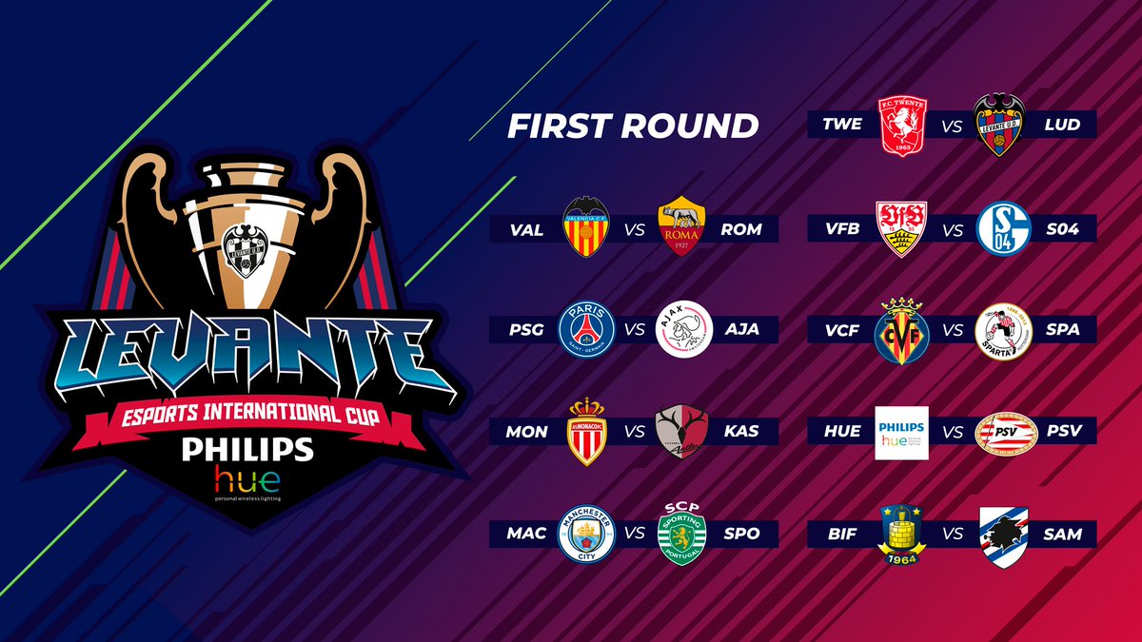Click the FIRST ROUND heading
[x=632, y=126]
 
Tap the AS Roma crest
[x=682, y=228]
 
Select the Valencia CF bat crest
[x=586, y=228]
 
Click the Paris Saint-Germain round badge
[x=586, y=329]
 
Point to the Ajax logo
[x=683, y=329]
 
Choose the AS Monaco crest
[x=586, y=431]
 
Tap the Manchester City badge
[x=586, y=533]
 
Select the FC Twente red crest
[x=902, y=125]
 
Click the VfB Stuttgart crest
[x=902, y=228]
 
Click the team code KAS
[x=741, y=432]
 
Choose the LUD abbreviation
[x=1061, y=126]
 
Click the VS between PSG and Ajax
[x=635, y=330]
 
